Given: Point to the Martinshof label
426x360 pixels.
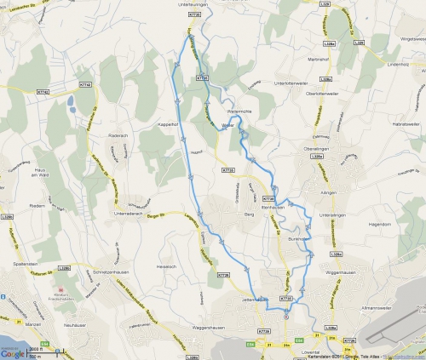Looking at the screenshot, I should (318, 59).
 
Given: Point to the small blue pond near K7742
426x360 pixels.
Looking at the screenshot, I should (69, 103).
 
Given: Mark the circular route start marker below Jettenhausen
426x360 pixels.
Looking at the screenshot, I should (286, 317).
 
